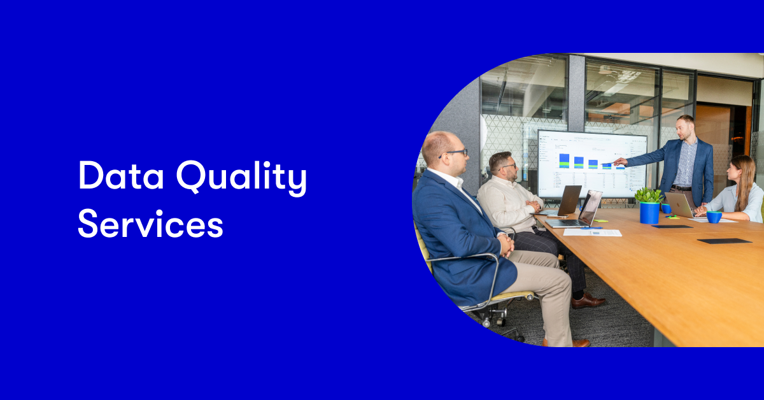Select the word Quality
coord(242,178)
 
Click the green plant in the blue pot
coord(649,195)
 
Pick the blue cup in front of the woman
coord(714,217)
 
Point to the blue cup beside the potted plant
coord(666,208)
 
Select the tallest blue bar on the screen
coord(564,161)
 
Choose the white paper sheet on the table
coord(592,232)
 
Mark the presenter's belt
coord(681,188)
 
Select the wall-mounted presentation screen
coord(591,164)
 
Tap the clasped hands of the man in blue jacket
coord(506,243)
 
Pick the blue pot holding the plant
coord(649,213)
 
